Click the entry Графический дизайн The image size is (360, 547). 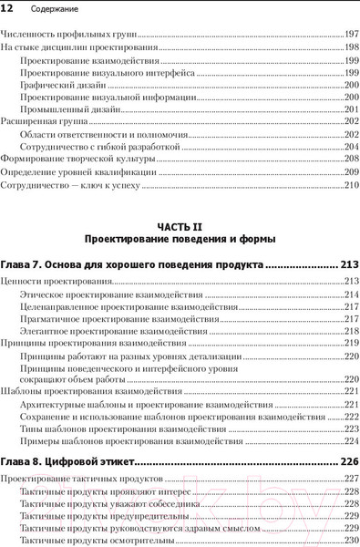[58, 84]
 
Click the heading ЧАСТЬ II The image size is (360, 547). [180, 225]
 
